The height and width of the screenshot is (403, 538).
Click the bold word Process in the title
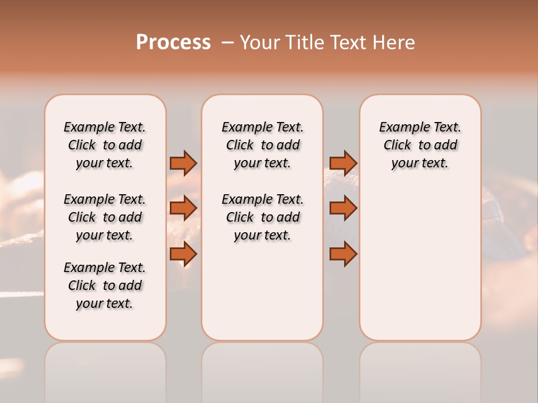[173, 43]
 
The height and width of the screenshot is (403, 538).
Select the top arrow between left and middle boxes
[183, 163]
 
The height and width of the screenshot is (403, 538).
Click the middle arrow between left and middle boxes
[183, 208]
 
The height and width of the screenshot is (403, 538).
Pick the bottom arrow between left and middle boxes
[183, 254]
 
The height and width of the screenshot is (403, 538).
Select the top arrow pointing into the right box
[343, 163]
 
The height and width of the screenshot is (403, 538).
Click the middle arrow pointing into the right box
[343, 208]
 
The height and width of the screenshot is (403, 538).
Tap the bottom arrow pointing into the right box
[343, 254]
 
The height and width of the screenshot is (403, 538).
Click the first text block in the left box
[105, 145]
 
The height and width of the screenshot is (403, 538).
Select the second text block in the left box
[105, 217]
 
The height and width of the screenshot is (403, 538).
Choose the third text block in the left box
[105, 285]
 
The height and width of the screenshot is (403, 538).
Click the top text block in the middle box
[263, 145]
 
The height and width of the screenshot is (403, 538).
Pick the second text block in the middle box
[263, 217]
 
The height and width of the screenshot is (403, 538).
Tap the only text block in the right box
[420, 145]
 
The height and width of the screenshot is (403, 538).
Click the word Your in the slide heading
[260, 43]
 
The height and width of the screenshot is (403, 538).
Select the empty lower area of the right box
[420, 269]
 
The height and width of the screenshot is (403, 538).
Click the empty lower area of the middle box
[263, 291]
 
